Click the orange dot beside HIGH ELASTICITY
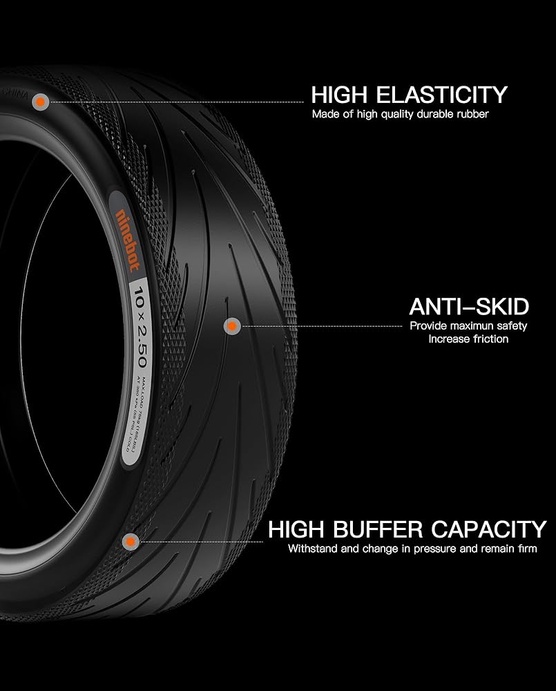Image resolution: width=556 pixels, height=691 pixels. click(41, 102)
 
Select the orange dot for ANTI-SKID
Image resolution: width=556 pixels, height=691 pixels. click(232, 325)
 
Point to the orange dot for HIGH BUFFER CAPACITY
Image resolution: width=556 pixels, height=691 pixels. click(127, 542)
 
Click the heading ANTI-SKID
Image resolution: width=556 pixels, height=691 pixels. click(468, 306)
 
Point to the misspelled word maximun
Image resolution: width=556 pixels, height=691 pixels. click(470, 326)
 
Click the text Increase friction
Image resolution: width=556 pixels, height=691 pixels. click(468, 339)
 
